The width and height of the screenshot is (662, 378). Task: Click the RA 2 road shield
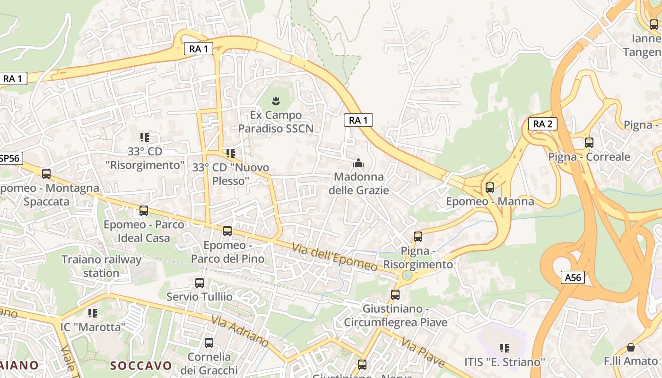542,124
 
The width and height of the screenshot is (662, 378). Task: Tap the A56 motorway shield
573,277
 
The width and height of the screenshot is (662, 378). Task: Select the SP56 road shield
10,158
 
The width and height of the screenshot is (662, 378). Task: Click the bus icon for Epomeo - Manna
490,188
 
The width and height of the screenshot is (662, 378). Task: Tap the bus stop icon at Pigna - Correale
589,142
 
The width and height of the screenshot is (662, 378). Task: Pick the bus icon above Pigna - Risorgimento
418,236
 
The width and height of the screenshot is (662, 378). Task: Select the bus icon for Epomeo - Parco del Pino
227,231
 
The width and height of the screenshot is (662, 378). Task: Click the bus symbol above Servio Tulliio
200,283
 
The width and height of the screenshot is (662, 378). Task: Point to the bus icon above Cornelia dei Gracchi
209,343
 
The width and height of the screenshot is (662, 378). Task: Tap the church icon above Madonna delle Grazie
358,163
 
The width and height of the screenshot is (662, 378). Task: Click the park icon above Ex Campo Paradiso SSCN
275,100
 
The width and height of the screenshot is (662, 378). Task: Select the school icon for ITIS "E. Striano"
504,348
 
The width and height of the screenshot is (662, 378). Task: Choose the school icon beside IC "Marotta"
93,313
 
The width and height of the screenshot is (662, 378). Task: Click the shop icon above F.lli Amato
630,347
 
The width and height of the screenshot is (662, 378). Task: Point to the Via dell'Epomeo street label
335,257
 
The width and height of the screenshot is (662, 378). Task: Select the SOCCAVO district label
141,365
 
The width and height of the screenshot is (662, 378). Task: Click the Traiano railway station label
101,266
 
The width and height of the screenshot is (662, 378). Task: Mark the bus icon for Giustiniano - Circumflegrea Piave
395,295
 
